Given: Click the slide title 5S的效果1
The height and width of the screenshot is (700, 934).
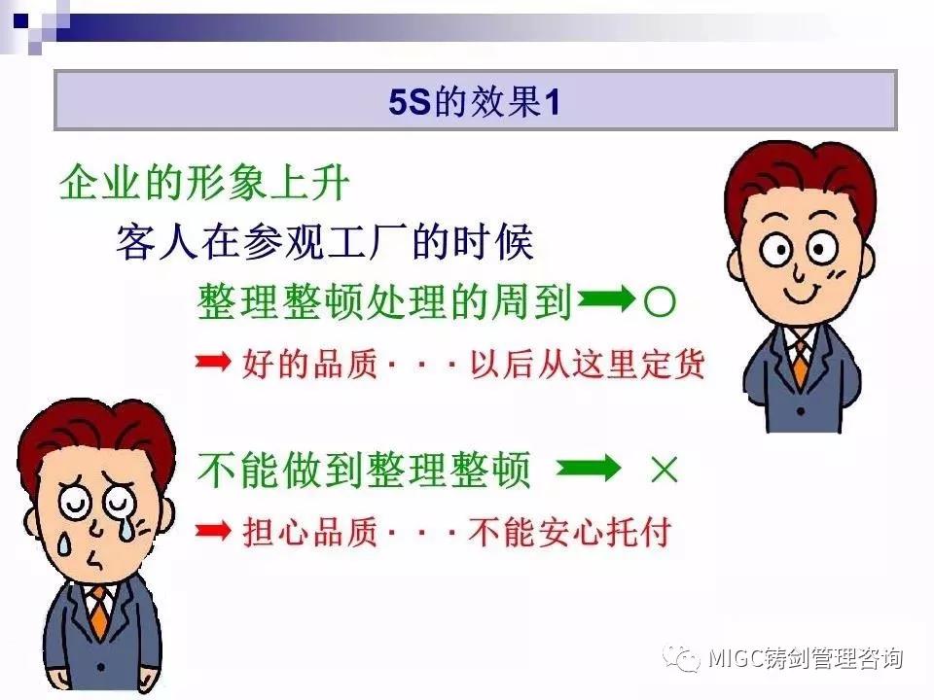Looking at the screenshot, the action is click(474, 101).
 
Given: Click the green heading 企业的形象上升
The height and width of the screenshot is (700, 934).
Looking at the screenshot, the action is click(204, 183).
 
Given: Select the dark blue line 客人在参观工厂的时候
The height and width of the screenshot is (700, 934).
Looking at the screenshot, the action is click(325, 242).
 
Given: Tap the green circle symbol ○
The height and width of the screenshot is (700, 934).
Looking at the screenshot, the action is click(660, 301).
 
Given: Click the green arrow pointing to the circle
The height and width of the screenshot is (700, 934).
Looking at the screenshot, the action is click(606, 298).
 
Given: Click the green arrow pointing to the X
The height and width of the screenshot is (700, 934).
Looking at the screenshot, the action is click(588, 468).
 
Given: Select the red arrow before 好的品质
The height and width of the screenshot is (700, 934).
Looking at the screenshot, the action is click(213, 361).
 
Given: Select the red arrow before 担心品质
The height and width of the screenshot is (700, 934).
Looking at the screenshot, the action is click(213, 530).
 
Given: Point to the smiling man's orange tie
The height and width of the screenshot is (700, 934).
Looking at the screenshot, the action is click(800, 362).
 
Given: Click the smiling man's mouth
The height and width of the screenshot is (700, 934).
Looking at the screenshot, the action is click(802, 295).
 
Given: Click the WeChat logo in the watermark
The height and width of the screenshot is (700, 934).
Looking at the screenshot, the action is click(682, 657).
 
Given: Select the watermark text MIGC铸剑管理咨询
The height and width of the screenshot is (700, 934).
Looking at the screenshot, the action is click(806, 658).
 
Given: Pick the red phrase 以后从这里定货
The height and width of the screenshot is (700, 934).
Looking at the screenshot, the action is click(588, 363).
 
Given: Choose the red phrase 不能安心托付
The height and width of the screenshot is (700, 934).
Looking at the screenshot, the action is click(570, 532).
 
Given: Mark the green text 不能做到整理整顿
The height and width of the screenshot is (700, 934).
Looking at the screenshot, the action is click(363, 470).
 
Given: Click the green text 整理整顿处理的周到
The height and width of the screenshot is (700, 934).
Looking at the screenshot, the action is click(384, 301).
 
